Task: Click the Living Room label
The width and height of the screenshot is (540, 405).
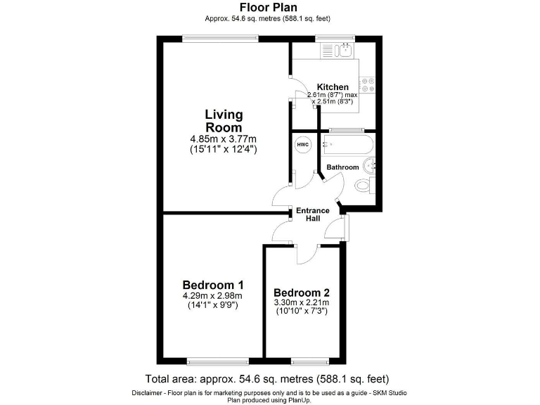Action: [x=224, y=120]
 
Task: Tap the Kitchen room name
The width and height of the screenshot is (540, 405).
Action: [x=333, y=87]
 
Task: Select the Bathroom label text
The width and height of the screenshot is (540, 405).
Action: [x=342, y=167]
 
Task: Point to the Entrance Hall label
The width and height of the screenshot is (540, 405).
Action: [x=313, y=214]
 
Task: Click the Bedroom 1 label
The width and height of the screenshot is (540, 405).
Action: [x=212, y=285]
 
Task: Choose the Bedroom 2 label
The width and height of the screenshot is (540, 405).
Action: [x=302, y=292]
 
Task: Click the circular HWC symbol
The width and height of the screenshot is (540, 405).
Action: [x=302, y=146]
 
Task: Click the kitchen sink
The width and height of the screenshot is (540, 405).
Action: [x=345, y=49]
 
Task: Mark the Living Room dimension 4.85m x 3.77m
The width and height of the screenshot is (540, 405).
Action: [x=224, y=139]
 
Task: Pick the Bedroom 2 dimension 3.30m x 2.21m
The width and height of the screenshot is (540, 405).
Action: [x=302, y=302]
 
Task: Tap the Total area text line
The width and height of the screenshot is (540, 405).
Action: [x=267, y=378]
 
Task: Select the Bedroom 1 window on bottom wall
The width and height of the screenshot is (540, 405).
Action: [x=218, y=361]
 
